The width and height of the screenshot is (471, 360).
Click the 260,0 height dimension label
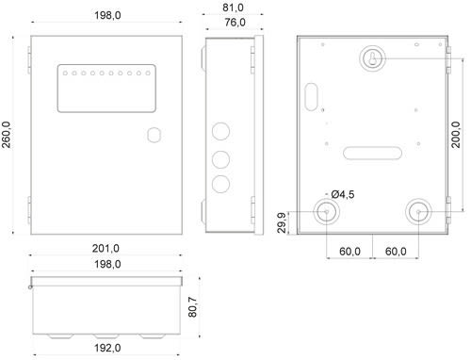(x=7, y=135)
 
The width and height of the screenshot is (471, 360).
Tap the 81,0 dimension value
(x=233, y=8)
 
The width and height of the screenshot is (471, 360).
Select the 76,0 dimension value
(x=235, y=23)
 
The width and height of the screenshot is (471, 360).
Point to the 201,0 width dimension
(x=106, y=249)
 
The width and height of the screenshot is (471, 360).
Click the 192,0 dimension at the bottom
(x=107, y=348)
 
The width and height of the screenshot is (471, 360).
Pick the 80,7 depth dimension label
(x=193, y=307)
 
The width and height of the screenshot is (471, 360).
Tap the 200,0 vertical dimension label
(x=456, y=135)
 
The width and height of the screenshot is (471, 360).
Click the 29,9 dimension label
(x=282, y=222)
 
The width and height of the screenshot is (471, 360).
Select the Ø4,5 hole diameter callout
(x=343, y=194)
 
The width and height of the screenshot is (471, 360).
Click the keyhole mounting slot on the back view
(x=372, y=58)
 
